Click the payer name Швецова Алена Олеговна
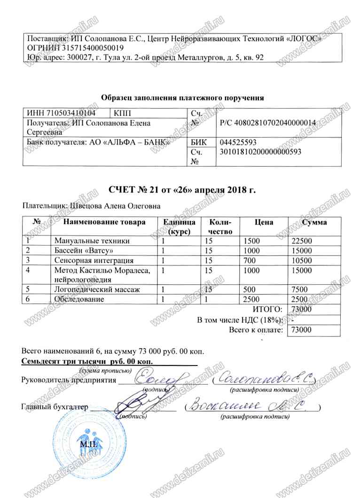point(115,206)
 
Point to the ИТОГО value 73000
point(302,309)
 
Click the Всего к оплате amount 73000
point(302,330)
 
